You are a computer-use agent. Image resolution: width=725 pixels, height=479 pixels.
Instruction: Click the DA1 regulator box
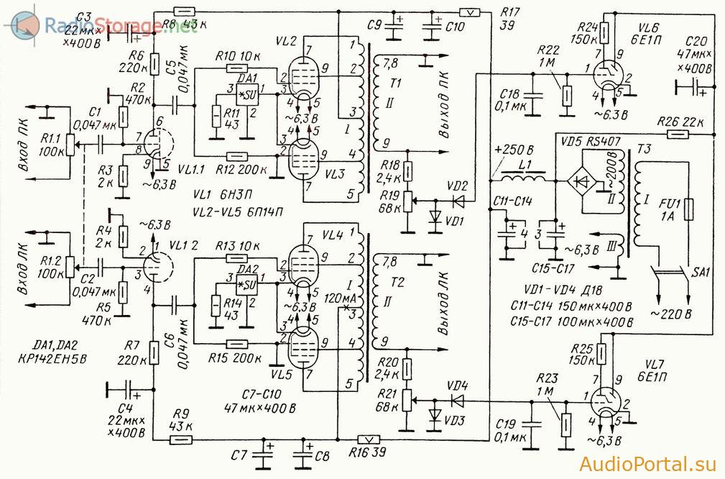[x=247, y=94]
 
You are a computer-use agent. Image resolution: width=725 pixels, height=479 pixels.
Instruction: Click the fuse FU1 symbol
[x=689, y=209]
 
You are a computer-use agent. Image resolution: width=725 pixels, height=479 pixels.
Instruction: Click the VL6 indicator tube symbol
[x=607, y=75]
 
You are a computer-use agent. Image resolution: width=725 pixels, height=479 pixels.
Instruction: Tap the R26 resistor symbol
[x=678, y=134]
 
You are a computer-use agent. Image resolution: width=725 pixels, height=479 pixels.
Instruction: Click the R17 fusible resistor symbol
[x=470, y=12]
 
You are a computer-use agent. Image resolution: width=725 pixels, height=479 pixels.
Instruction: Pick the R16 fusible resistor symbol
[x=369, y=439]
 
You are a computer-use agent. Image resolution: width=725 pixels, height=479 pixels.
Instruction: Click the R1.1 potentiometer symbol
[x=70, y=145]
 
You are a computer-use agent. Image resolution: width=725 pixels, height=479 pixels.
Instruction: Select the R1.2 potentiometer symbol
[x=70, y=267]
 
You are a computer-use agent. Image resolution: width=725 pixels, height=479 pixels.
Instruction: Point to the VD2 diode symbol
[x=458, y=201]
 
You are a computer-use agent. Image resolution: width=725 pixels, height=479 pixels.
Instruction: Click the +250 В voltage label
[x=514, y=151]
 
